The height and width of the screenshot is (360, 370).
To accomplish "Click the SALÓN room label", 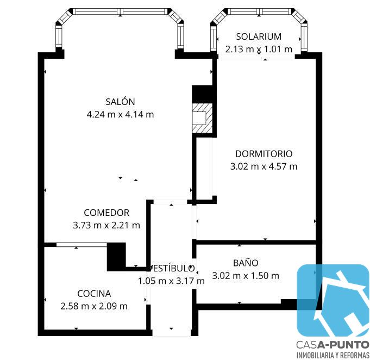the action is click(120, 102).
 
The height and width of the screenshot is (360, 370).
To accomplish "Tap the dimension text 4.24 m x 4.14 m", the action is click(120, 115).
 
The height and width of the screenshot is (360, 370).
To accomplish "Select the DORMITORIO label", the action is click(264, 154).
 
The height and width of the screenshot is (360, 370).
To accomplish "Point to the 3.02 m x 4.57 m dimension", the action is click(264, 166).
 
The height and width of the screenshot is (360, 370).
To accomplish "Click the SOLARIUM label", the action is click(259, 36).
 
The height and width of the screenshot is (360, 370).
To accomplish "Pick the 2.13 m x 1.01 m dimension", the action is click(259, 49).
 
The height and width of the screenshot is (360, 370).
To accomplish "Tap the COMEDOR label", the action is click(106, 213).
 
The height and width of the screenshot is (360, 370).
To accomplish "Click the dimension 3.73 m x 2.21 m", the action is click(106, 225).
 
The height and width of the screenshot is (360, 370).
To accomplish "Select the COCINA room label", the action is click(94, 294).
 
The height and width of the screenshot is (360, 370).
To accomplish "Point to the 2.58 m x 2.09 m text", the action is click(94, 306).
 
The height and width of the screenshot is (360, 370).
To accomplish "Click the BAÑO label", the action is click(246, 263).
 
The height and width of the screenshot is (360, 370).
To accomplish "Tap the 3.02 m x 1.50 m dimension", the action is click(246, 276).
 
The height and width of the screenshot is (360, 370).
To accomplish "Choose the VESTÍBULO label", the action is click(171, 268).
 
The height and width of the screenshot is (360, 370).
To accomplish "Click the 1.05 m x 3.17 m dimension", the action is click(171, 281).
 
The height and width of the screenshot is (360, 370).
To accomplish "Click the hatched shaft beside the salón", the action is click(202, 119).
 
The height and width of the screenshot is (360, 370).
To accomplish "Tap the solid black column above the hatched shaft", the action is click(203, 94).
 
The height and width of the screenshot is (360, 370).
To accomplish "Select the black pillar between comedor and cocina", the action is click(116, 257).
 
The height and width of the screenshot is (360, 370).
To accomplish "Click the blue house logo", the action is click(333, 301).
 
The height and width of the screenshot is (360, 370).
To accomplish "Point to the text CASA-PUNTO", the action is click(333, 345).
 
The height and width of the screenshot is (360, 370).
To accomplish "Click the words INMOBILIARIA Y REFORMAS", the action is click(333, 355).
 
